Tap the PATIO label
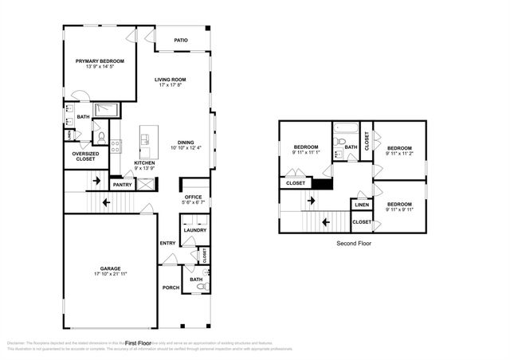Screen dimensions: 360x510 [x=181, y=39]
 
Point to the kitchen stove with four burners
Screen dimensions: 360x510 [x=116, y=146]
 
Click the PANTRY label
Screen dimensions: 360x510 [x=122, y=185]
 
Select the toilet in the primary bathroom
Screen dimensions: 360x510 [x=101, y=137]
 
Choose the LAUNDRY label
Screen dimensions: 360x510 [x=196, y=231]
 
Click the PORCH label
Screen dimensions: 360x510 [x=171, y=288]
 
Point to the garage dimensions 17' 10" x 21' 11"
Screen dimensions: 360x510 [x=110, y=273]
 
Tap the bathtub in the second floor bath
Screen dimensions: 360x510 [x=345, y=129]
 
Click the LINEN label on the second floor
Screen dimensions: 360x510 [x=362, y=205]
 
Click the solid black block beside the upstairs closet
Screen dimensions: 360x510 [x=321, y=184]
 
